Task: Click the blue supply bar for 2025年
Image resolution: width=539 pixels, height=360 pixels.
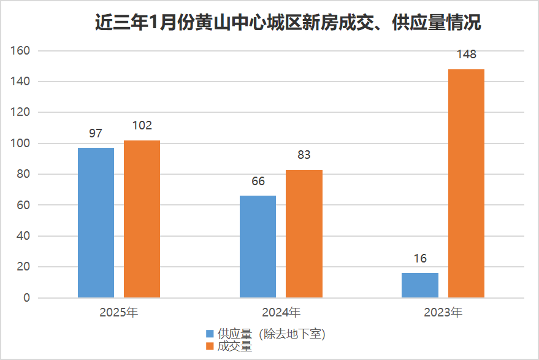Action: (x=96, y=223)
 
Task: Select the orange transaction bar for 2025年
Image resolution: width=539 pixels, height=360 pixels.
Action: (x=142, y=219)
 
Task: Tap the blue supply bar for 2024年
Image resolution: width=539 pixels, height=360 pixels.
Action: (x=258, y=247)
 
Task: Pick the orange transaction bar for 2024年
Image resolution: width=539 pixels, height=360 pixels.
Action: (x=304, y=234)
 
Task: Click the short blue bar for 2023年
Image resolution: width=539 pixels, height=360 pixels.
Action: (x=420, y=285)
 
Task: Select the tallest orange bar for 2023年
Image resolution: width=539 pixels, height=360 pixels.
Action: (x=466, y=183)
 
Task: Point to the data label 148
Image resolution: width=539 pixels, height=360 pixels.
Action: (x=466, y=55)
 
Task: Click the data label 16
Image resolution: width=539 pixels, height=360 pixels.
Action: (x=420, y=258)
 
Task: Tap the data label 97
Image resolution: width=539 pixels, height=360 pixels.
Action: (x=96, y=133)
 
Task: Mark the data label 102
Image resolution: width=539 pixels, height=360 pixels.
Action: (x=142, y=126)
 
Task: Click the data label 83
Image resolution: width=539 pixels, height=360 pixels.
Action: (x=304, y=155)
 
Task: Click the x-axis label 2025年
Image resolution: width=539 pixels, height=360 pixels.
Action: (x=119, y=313)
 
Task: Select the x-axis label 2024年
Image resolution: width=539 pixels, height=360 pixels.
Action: (x=281, y=313)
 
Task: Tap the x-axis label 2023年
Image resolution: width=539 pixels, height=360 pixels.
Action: (x=443, y=313)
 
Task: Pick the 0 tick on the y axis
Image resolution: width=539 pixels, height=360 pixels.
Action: (x=26, y=298)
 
